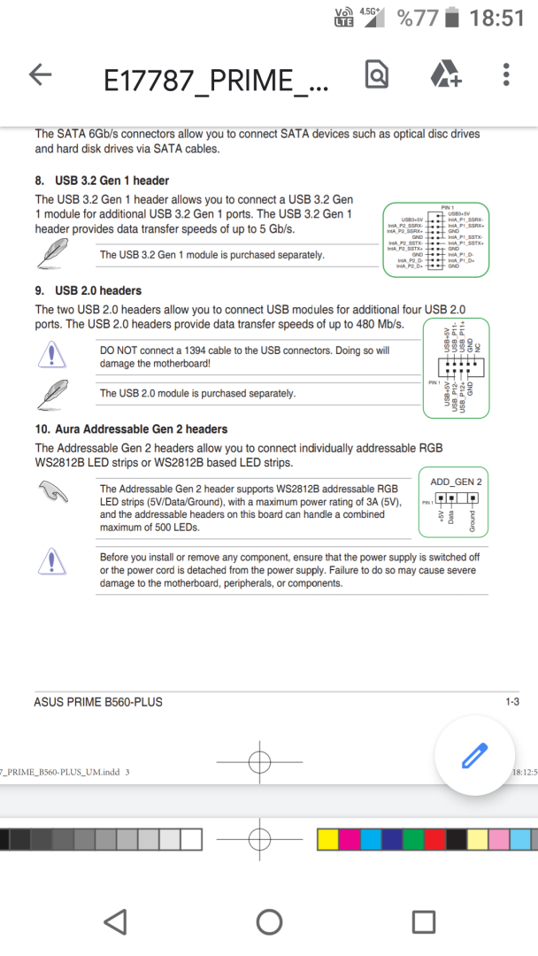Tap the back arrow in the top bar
point(41,76)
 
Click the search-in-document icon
point(376,76)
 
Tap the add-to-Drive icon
point(445,76)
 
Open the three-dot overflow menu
point(505,75)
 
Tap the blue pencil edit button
point(473,757)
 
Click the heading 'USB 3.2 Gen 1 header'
point(111,181)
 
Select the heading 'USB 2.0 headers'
point(97,290)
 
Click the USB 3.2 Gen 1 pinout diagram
point(435,239)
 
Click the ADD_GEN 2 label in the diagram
point(456,481)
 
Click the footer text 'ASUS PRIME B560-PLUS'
point(98,702)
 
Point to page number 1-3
point(511,702)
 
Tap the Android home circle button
point(269,922)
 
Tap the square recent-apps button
point(424,922)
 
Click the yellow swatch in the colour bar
point(327,839)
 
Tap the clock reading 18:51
point(496,18)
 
